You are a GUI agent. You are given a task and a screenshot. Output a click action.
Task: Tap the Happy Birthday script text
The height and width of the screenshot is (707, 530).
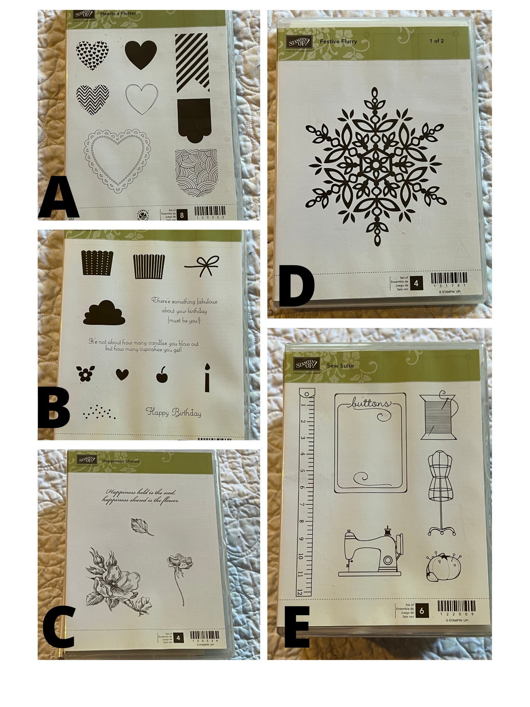(173, 412)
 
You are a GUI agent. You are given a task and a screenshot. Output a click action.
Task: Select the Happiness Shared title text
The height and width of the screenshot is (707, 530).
(121, 461)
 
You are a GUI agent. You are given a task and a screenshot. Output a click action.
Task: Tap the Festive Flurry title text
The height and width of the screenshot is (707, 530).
(338, 41)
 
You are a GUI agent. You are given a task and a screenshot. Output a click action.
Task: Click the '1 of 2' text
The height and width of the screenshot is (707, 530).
(436, 41)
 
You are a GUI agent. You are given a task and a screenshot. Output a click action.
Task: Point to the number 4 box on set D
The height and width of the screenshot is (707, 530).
(416, 283)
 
